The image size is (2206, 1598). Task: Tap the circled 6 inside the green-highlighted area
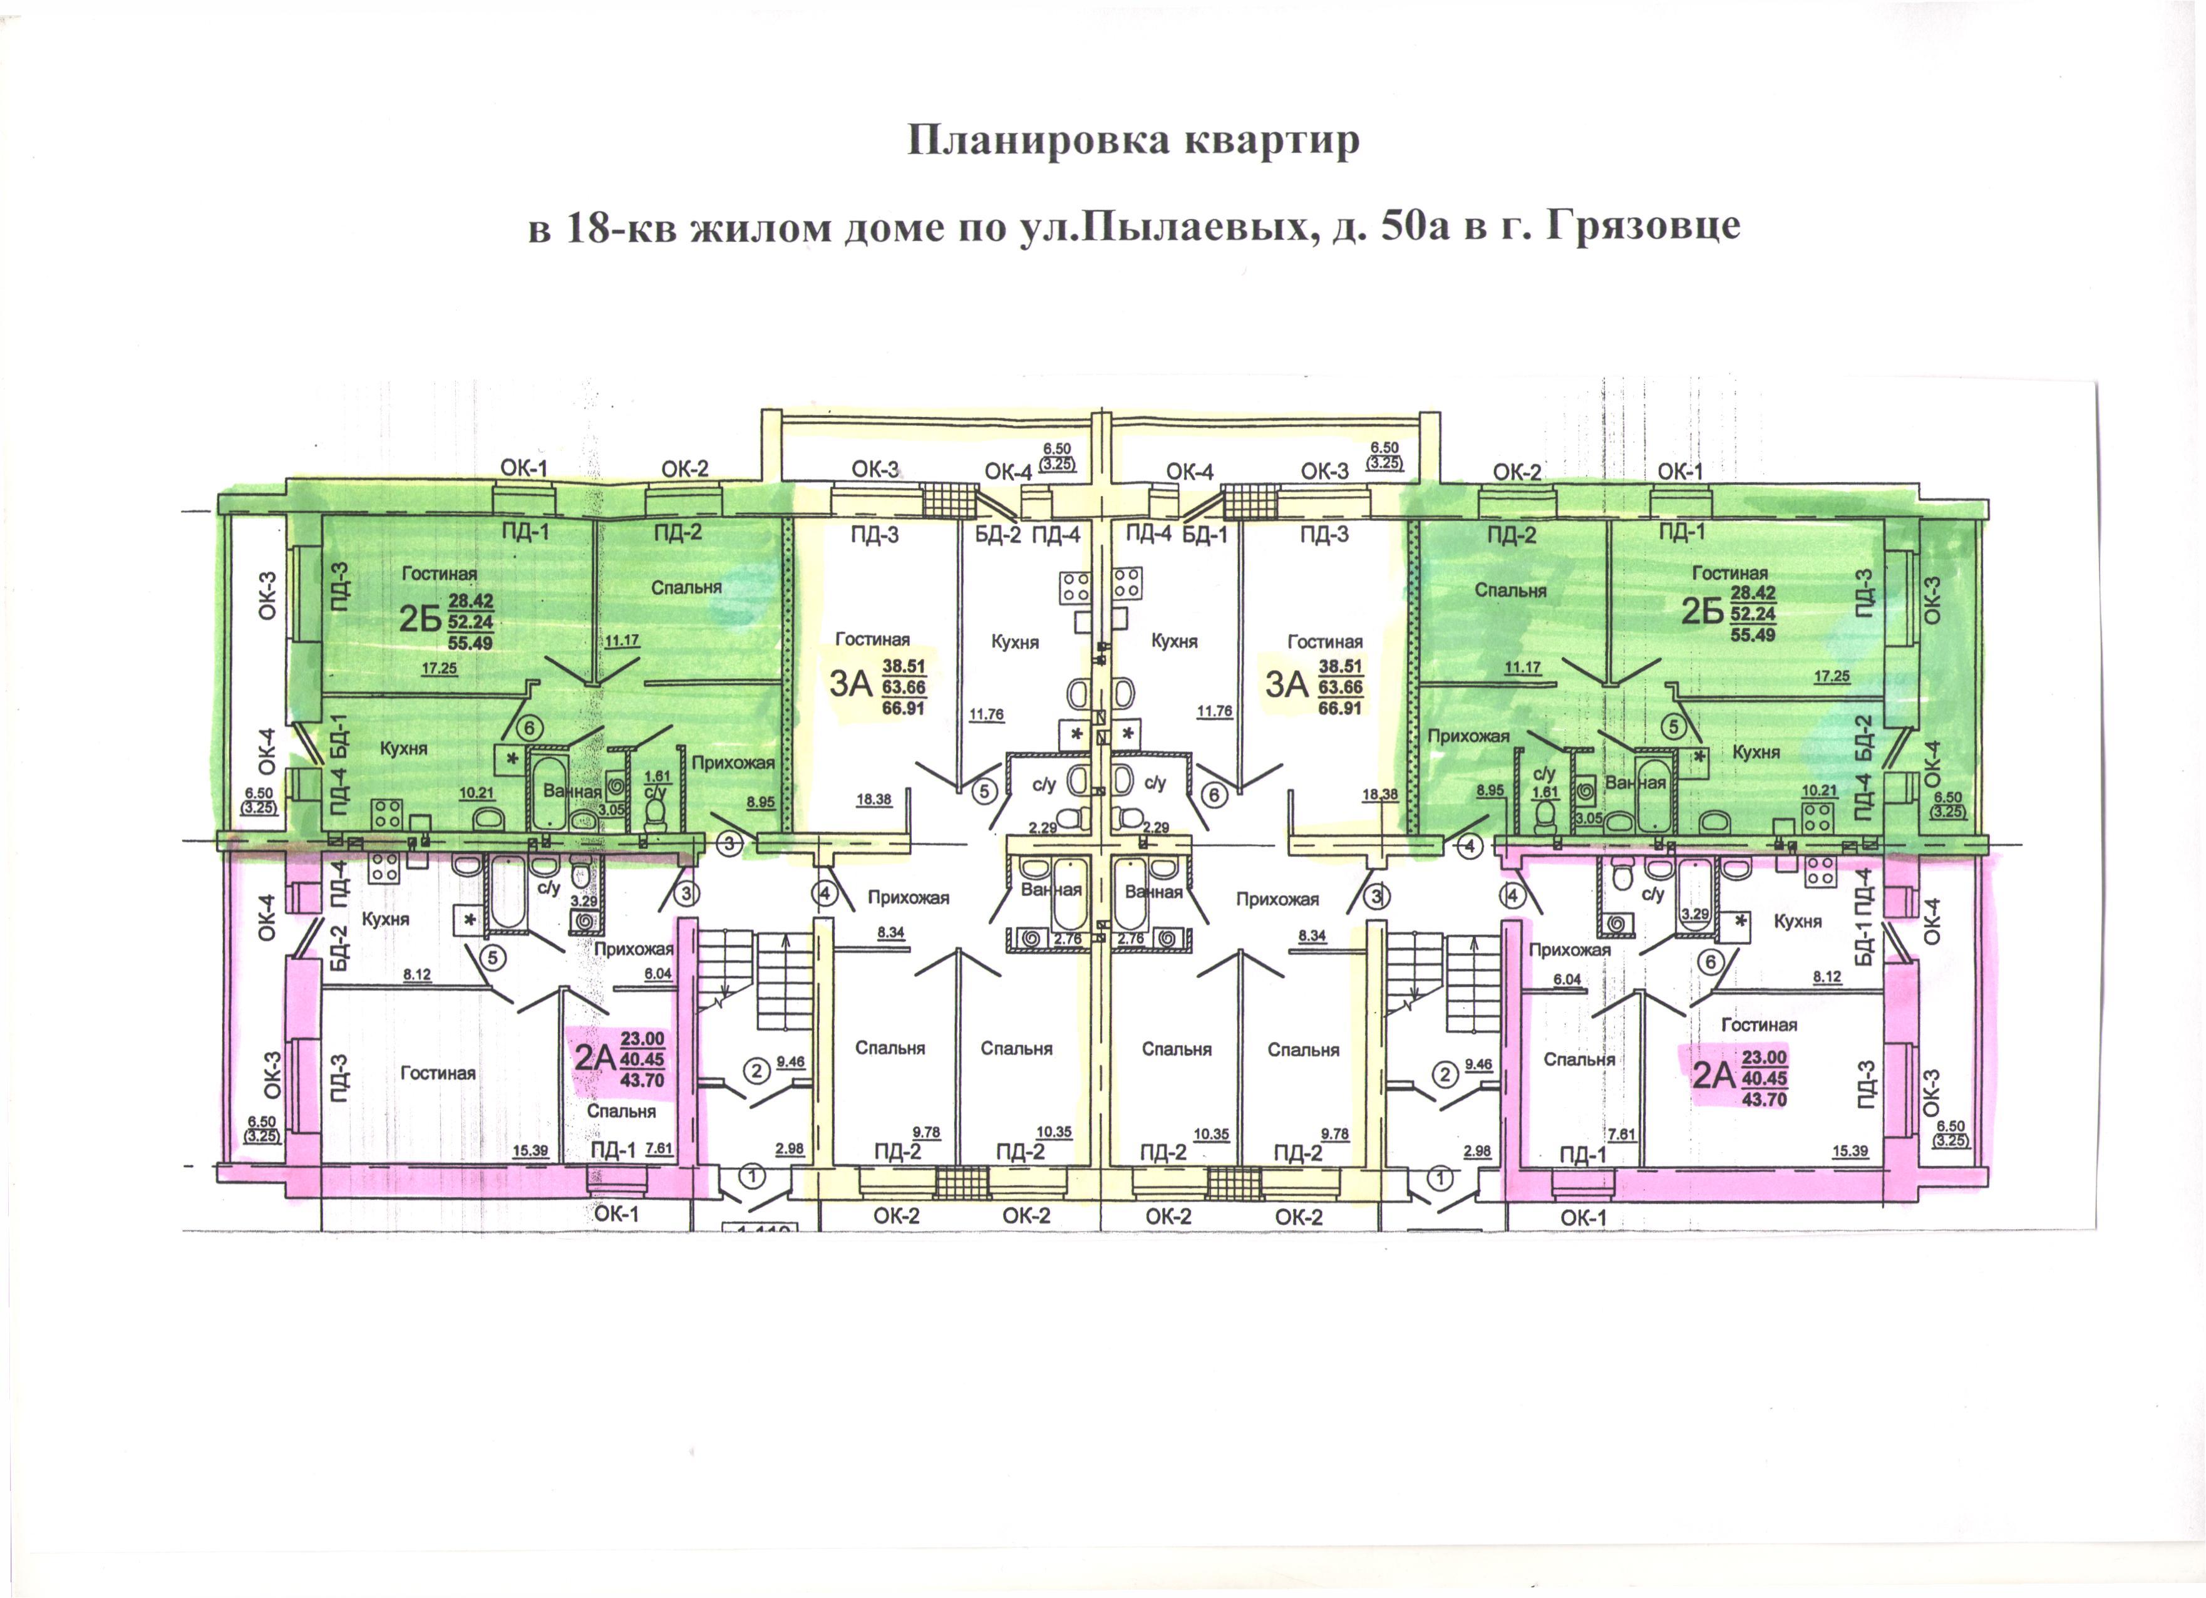[x=530, y=726]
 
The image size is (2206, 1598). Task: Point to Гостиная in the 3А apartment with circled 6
[x=1325, y=642]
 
